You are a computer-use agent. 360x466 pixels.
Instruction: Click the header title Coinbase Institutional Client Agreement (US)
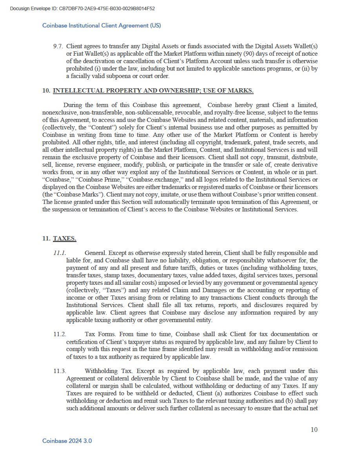click(102, 25)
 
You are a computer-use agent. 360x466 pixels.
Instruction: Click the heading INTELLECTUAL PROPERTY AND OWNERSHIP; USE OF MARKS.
click(153, 91)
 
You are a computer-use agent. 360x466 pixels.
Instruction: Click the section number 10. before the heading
click(46, 91)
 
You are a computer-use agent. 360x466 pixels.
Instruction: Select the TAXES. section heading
click(65, 238)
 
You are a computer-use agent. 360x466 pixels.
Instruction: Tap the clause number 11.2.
click(60, 334)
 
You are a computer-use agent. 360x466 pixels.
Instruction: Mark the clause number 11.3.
click(60, 371)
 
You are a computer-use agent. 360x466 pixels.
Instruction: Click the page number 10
click(314, 430)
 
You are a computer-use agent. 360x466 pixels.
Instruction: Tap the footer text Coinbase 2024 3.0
click(67, 441)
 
